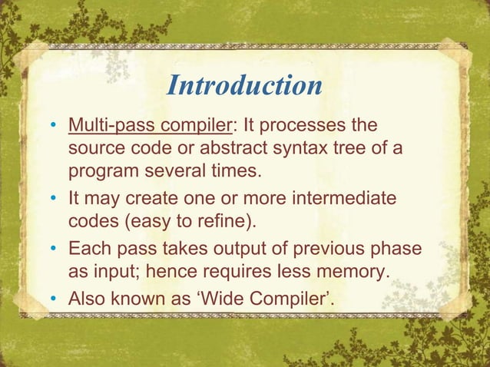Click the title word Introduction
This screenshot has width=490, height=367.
coord(244,86)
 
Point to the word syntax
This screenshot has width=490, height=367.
coord(296,147)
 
